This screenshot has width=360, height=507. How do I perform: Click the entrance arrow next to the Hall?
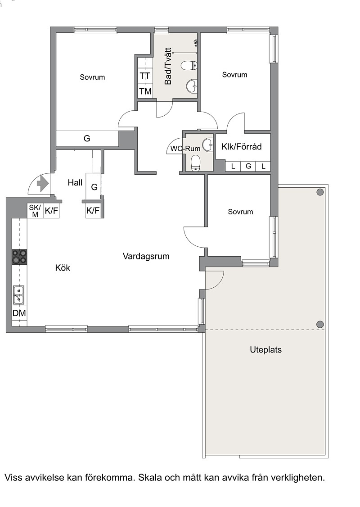(43, 184)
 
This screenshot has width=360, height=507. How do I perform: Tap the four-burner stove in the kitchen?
(19, 257)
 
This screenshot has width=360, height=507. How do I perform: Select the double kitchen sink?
(18, 295)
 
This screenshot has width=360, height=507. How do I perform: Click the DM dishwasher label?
(19, 313)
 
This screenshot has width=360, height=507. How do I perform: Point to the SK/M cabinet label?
(35, 211)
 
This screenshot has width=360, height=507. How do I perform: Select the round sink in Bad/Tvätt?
(192, 86)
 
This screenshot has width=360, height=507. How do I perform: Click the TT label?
(145, 76)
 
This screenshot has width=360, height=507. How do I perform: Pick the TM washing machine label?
(145, 91)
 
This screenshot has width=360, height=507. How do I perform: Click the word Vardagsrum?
(146, 256)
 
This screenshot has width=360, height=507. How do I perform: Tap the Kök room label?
(63, 268)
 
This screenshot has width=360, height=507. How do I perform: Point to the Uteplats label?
(265, 350)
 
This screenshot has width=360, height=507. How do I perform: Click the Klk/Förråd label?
(241, 147)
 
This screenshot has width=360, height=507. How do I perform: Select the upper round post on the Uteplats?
(320, 192)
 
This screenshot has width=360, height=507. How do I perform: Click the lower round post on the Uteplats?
(320, 324)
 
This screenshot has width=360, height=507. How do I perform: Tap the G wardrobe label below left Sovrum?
(87, 138)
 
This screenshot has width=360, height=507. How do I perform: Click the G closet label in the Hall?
(94, 187)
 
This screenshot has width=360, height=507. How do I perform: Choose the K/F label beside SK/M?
(51, 211)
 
